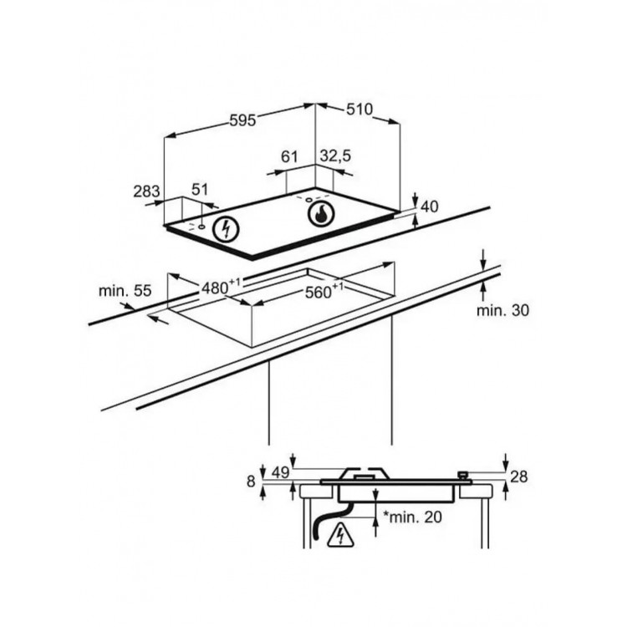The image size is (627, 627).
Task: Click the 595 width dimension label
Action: [x=242, y=120]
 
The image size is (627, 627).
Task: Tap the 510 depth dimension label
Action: [x=359, y=110]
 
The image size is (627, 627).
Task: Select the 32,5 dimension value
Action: [x=335, y=155]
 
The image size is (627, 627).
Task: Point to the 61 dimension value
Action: [x=289, y=157]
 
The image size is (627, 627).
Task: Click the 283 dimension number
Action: [x=146, y=191]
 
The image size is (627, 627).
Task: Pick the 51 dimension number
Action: [x=200, y=190]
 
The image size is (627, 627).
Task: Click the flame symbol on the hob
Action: [x=320, y=214]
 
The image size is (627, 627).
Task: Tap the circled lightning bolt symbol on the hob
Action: [x=226, y=230]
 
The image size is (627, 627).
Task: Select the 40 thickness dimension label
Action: [x=430, y=206]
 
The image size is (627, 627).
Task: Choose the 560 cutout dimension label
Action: [x=324, y=292]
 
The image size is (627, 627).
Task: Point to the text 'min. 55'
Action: [x=125, y=290]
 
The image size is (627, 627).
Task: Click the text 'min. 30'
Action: [x=502, y=310]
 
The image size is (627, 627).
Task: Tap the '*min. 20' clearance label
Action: [x=413, y=517]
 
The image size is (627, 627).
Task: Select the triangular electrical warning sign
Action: [x=341, y=535]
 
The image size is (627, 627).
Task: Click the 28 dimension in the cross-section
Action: [x=518, y=477]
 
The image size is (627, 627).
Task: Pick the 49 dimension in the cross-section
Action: [x=280, y=472]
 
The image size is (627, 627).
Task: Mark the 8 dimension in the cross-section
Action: [x=251, y=482]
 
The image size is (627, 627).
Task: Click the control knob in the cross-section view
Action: [x=463, y=476]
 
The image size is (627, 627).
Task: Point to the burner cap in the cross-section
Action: [x=364, y=474]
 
